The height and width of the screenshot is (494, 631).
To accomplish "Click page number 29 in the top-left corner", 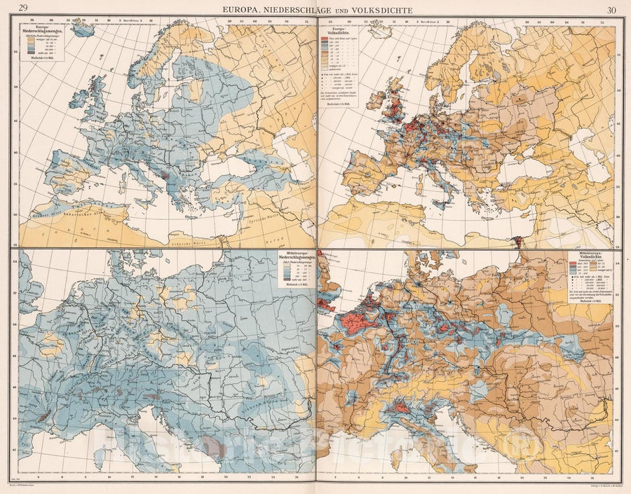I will click(25, 9).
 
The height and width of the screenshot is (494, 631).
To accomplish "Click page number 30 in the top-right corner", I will click(610, 9).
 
